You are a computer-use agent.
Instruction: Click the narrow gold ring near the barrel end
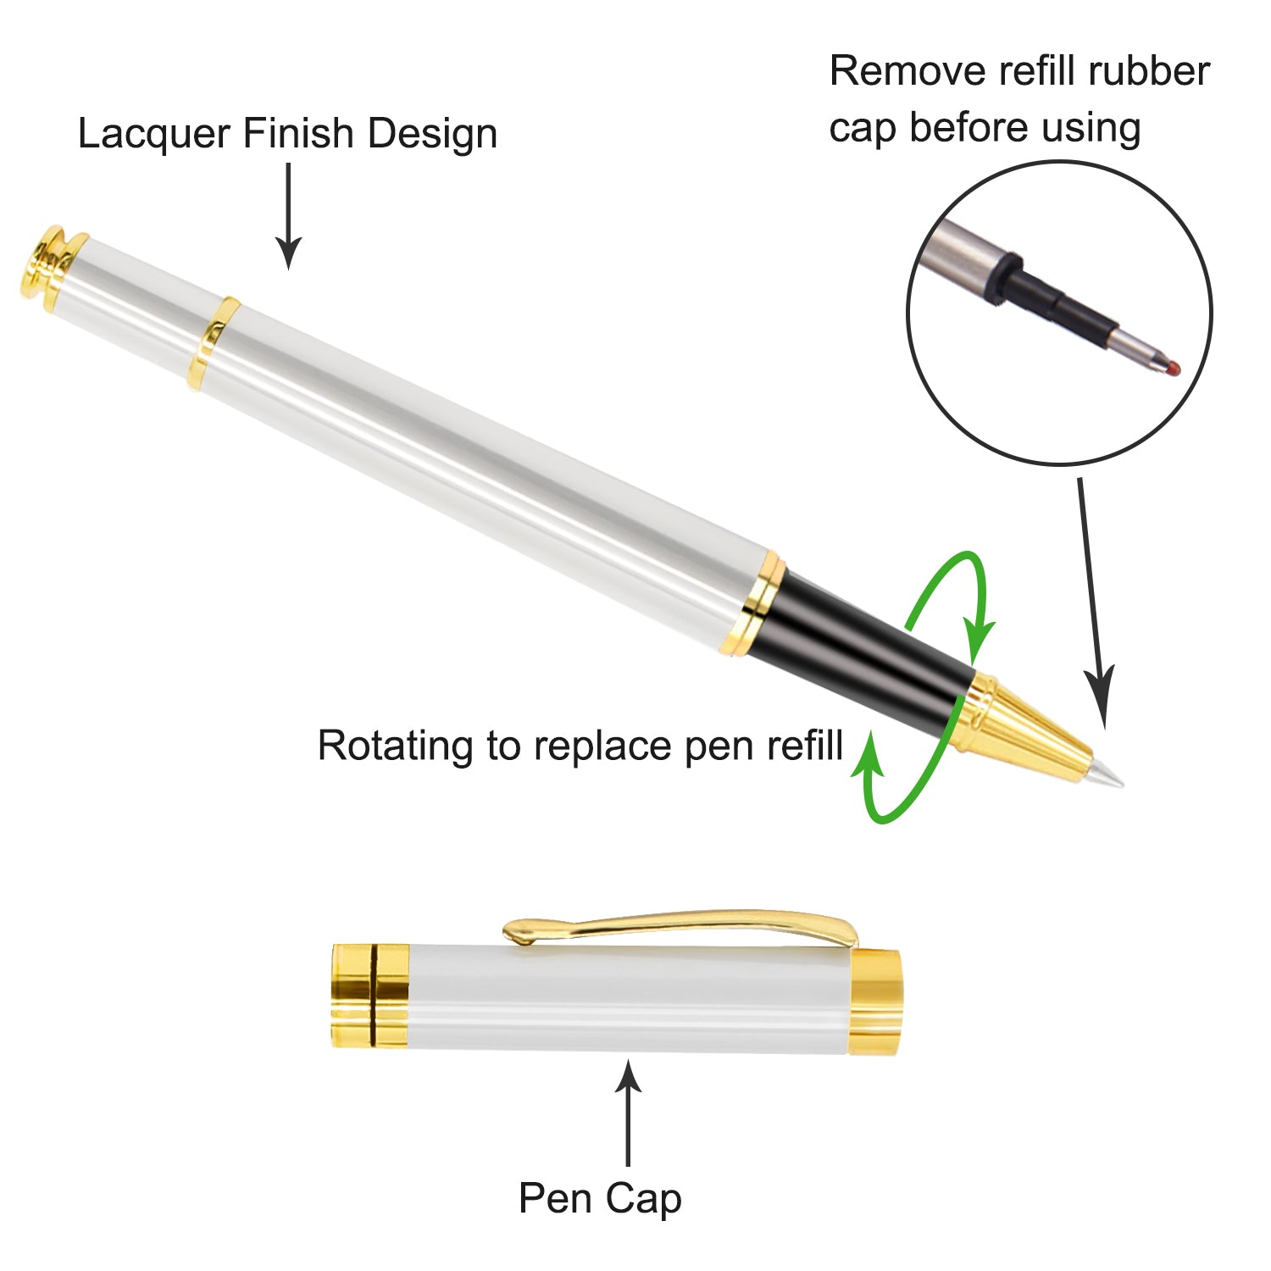[213, 343]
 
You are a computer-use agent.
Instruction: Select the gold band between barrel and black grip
[759, 603]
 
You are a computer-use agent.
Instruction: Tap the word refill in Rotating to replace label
[804, 746]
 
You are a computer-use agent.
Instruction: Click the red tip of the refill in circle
[1173, 367]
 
